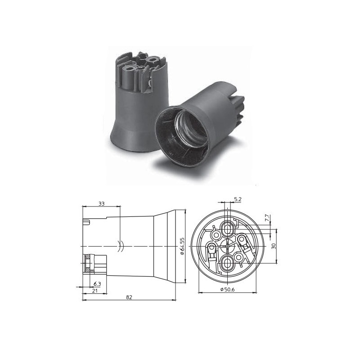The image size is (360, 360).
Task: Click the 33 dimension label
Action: click(x=101, y=204)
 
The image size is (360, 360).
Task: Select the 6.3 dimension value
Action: click(x=97, y=283)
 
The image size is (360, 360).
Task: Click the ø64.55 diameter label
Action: click(x=182, y=246)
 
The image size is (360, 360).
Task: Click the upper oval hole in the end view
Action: click(x=229, y=229)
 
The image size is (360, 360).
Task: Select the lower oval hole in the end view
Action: click(x=228, y=262)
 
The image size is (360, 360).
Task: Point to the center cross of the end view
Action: click(x=228, y=246)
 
